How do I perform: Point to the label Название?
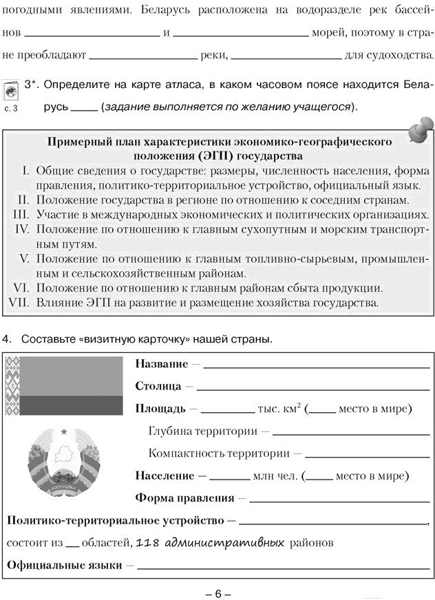coord(161,363)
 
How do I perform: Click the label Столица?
coord(158,386)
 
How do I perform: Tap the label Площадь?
coord(160,409)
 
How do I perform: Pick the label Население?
coord(165,475)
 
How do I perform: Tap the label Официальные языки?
coord(65,566)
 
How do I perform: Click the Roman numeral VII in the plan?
coord(21,302)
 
